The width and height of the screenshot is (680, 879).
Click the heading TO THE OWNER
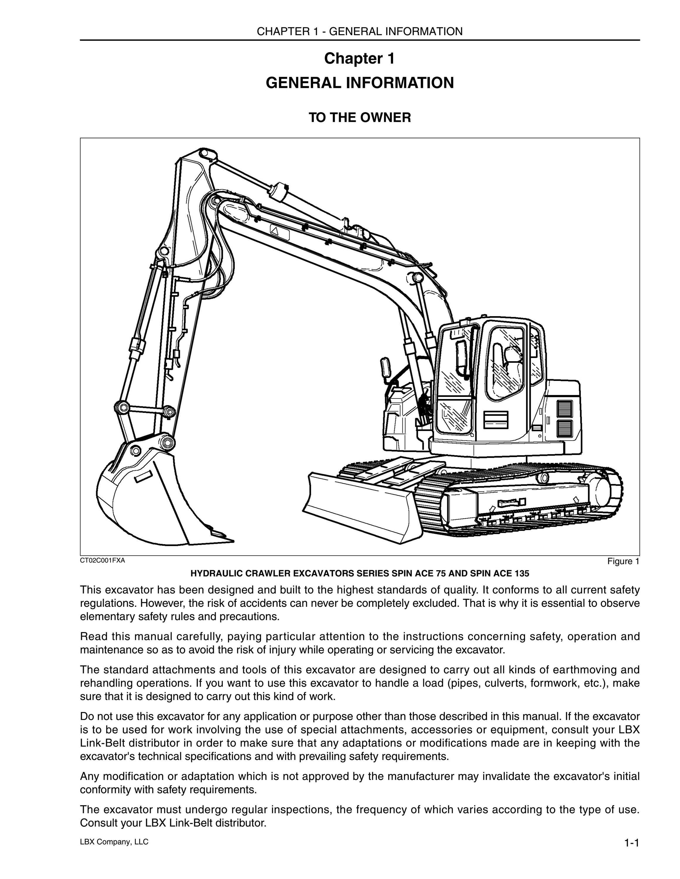point(360,117)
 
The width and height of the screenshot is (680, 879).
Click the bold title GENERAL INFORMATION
point(360,83)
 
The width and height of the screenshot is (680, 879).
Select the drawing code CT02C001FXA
point(103,560)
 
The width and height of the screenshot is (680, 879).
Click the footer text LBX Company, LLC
point(114,841)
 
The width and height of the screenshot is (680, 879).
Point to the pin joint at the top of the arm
point(205,153)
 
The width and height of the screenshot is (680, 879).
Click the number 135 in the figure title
point(521,573)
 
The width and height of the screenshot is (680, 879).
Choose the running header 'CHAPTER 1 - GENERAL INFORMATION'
point(360,31)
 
